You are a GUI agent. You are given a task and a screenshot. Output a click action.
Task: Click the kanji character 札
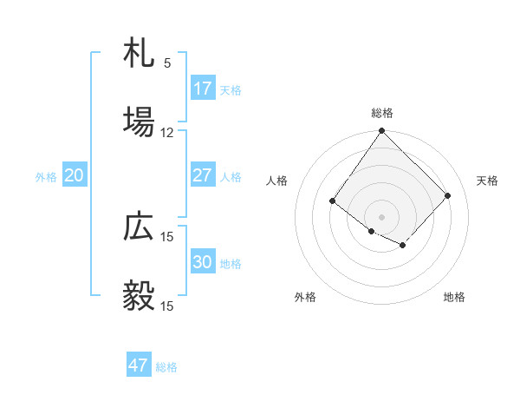139,55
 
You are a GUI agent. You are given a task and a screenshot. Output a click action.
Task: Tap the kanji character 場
139,122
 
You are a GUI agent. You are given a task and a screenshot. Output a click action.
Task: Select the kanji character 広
139,227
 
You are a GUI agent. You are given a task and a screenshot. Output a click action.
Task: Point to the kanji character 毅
139,296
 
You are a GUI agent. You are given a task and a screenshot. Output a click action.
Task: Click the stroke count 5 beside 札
167,63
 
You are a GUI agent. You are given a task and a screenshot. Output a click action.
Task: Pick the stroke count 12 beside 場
167,133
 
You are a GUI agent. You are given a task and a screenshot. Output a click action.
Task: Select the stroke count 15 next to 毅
167,306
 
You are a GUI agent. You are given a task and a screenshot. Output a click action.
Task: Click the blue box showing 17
203,89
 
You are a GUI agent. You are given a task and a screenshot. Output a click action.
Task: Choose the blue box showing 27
203,175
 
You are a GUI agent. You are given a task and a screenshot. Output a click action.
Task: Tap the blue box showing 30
203,262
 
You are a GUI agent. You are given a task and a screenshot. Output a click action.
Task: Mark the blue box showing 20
75,175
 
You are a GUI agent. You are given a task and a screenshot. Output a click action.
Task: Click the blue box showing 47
139,365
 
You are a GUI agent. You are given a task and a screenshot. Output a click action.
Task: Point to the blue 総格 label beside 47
166,367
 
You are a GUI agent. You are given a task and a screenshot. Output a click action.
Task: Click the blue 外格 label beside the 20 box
46,177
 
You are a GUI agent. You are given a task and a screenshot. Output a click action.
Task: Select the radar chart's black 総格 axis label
382,113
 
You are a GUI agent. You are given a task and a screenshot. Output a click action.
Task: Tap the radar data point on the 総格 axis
382,132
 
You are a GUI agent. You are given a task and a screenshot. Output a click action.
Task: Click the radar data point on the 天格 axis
448,195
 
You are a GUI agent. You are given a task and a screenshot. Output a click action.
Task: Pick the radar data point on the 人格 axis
333,201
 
